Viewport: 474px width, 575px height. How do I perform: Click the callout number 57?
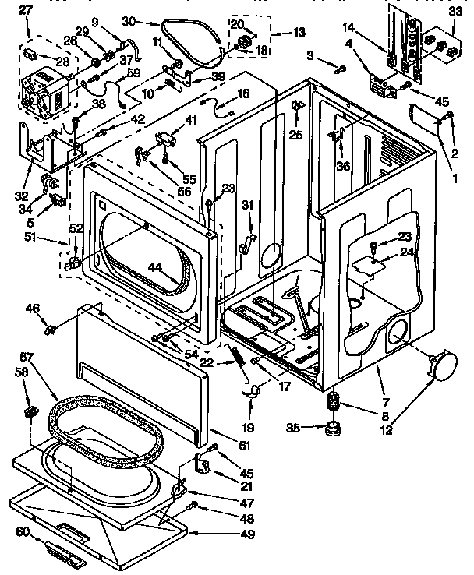[26, 357]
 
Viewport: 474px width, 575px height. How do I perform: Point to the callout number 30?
[129, 22]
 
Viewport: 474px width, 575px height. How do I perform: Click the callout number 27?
[26, 11]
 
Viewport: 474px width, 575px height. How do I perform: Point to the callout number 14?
[348, 27]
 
